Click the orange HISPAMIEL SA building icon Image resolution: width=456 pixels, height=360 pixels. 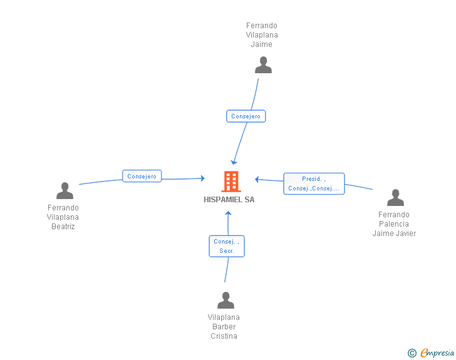point(229,182)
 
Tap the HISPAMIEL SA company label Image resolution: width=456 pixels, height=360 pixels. point(229,200)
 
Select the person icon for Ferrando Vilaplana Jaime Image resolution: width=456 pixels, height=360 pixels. point(263,65)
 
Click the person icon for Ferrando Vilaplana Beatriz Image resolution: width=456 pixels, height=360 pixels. point(65,190)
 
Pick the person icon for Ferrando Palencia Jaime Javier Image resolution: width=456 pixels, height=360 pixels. point(395,198)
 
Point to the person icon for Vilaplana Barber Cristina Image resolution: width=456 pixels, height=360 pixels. point(225,301)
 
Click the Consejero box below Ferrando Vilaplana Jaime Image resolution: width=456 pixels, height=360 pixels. point(246,116)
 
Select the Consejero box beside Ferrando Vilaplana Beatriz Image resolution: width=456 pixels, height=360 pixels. point(142,177)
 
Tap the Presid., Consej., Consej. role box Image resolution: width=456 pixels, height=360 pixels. point(314,183)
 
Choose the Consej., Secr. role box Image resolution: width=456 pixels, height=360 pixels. point(226,246)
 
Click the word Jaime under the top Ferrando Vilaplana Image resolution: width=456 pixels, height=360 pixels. point(261,44)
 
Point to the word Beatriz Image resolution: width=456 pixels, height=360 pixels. point(63,227)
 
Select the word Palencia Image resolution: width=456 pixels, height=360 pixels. point(393,224)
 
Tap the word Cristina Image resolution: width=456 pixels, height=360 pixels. point(224,336)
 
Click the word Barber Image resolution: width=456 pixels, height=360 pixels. point(224,327)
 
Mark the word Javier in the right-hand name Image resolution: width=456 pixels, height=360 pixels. point(405,234)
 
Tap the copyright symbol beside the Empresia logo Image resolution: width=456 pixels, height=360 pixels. point(412,353)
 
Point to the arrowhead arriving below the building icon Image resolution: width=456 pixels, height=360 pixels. point(229,214)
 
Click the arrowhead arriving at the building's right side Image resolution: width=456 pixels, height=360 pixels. point(257,180)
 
